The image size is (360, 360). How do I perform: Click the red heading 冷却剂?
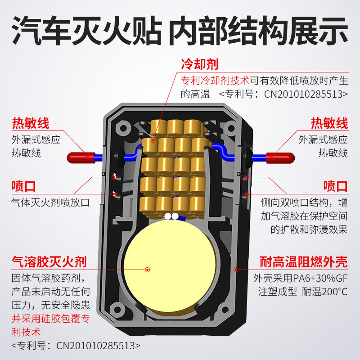pyautogui.click(x=199, y=64)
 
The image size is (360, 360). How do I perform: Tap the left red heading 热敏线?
pyautogui.click(x=30, y=123)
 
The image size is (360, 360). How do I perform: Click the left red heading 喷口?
pyautogui.click(x=24, y=186)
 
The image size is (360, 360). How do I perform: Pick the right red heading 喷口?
pyautogui.click(x=335, y=186)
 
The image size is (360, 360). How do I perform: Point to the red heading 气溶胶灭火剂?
pyautogui.click(x=49, y=261)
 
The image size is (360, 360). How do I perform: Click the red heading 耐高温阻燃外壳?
pyautogui.click(x=304, y=261)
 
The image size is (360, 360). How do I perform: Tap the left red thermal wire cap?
pyautogui.click(x=81, y=157)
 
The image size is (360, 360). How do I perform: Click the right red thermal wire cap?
pyautogui.click(x=280, y=157)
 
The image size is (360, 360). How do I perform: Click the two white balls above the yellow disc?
pyautogui.click(x=171, y=216)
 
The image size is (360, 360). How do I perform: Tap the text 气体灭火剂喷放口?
pyautogui.click(x=50, y=202)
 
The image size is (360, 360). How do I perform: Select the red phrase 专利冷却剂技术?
pyautogui.click(x=215, y=80)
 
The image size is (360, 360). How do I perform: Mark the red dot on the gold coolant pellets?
pyautogui.click(x=153, y=140)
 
